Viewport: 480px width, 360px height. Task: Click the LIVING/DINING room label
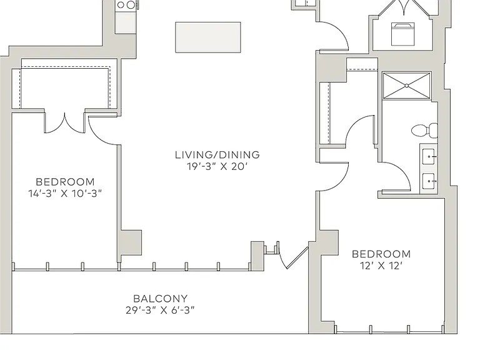(217, 155)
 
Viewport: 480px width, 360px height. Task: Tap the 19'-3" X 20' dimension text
(217, 166)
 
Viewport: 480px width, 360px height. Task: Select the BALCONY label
(161, 299)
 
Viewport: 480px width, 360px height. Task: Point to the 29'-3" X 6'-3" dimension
(160, 311)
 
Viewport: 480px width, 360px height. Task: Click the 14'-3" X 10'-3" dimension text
(65, 194)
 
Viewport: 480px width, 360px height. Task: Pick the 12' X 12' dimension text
(381, 266)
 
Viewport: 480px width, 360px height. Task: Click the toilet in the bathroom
(424, 131)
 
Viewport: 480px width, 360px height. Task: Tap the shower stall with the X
(407, 86)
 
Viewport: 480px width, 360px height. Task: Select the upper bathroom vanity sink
(429, 156)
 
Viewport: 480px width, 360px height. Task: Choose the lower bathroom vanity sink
(429, 181)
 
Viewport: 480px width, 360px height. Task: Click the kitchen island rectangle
(208, 37)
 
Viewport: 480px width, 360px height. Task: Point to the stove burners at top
(126, 5)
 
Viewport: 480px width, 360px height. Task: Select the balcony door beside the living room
(293, 257)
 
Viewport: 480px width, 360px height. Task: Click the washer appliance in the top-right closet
(403, 34)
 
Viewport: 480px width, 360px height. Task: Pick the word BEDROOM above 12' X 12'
(381, 254)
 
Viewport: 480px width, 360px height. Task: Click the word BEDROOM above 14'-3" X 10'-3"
(65, 182)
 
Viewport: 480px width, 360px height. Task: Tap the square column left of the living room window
(131, 242)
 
